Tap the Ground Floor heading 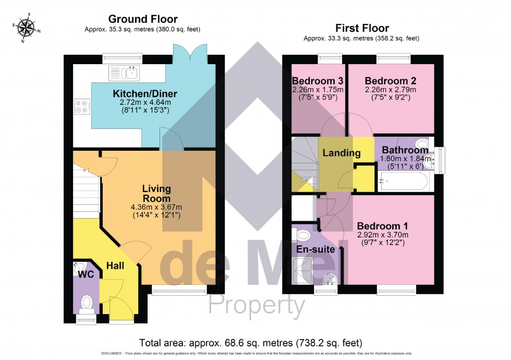[x=142, y=19]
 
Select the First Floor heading [x=361, y=28]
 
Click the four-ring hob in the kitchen [x=82, y=106]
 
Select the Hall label [x=115, y=266]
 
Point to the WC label [x=86, y=274]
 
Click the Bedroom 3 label [x=318, y=81]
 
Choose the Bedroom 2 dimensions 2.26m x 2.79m [x=391, y=89]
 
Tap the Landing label [x=342, y=153]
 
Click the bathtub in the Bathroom [x=403, y=182]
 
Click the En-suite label [x=315, y=249]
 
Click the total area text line [x=250, y=343]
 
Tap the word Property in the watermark [x=257, y=306]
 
